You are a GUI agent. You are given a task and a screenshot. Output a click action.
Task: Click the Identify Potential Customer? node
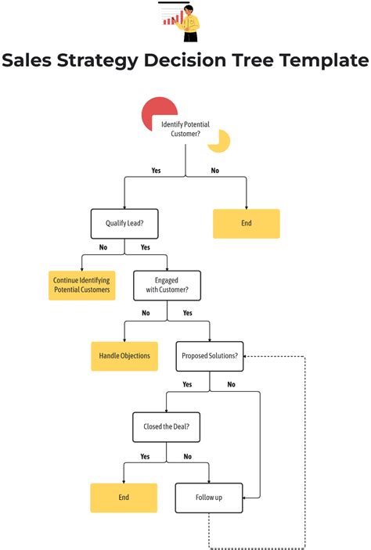tap(185, 129)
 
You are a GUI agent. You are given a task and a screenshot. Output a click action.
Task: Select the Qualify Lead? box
tap(124, 224)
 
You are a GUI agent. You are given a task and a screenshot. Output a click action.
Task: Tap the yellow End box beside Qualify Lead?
tap(247, 224)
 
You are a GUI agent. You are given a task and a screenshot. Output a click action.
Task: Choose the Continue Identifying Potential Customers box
tap(81, 285)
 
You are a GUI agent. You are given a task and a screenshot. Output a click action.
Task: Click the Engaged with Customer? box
tap(167, 285)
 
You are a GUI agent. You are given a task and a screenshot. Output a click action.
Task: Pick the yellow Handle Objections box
tap(124, 356)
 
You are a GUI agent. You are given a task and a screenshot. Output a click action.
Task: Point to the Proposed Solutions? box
tap(209, 356)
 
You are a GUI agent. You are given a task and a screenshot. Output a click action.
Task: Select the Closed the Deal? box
tap(166, 427)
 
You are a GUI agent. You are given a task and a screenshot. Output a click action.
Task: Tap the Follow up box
tap(209, 498)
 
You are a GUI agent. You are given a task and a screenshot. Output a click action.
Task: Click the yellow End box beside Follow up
tap(124, 498)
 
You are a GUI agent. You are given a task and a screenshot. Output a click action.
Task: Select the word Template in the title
tap(321, 61)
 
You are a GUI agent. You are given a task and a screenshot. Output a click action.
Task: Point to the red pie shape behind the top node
tap(154, 114)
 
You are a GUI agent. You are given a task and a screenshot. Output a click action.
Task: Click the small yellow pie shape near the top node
tap(222, 142)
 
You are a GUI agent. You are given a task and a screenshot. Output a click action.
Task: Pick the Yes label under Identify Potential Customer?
tap(156, 171)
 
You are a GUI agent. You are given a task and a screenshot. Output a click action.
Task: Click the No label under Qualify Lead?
tap(103, 247)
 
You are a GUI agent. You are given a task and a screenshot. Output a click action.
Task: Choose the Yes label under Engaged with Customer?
tap(188, 313)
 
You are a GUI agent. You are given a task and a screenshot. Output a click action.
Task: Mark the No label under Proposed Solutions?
tap(231, 384)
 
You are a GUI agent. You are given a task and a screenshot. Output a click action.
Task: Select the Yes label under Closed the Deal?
tap(145, 456)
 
